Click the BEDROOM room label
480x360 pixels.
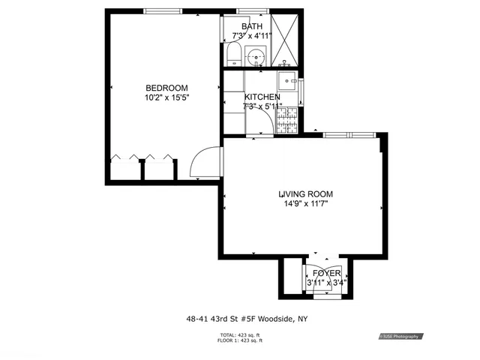click(166, 88)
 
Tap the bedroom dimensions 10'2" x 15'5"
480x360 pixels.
click(166, 97)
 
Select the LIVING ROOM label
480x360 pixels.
click(306, 194)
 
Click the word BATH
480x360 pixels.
click(251, 26)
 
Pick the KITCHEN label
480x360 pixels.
click(262, 97)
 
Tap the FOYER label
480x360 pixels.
click(326, 273)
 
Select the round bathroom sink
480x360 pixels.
click(256, 55)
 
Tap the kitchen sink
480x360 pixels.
click(286, 81)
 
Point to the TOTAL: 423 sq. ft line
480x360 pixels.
click(241, 334)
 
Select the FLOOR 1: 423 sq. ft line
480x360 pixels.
click(241, 340)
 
